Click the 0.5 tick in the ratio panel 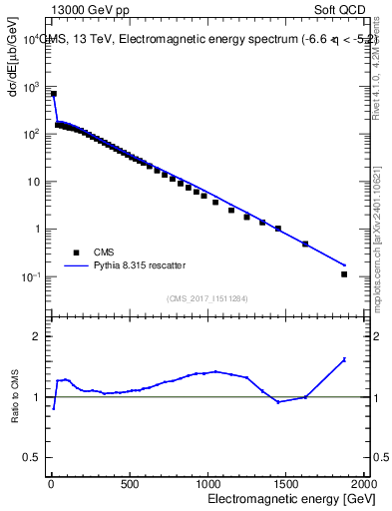tap(31, 457)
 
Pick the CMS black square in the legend tap(73, 253)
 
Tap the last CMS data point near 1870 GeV tap(344, 273)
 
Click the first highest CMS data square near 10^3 tap(53, 94)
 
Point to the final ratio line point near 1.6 tap(344, 359)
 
